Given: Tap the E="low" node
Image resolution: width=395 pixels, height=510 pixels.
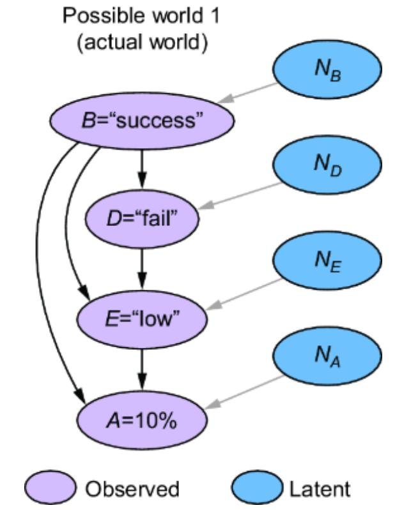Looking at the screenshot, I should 142,318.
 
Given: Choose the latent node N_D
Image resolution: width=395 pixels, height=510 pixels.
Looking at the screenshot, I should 328,167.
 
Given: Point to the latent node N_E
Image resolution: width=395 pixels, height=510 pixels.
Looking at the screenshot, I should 328,264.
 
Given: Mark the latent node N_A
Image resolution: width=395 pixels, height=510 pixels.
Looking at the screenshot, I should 328,360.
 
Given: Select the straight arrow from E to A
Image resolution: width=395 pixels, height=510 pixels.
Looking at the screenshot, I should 143,368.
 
